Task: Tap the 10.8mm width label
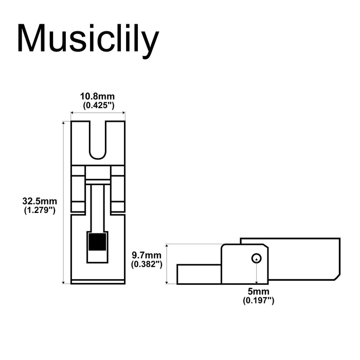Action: tap(97, 96)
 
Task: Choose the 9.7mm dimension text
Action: tap(147, 255)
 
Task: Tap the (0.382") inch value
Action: tap(147, 264)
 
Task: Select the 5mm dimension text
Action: tap(258, 292)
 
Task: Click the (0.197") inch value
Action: tap(258, 300)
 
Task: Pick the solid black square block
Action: tap(98, 242)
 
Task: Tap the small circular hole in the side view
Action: tap(256, 258)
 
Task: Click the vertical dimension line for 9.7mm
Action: tap(168, 263)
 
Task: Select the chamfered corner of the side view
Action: tap(337, 276)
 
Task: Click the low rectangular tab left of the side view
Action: tap(199, 274)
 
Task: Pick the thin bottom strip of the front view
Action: tap(98, 281)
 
